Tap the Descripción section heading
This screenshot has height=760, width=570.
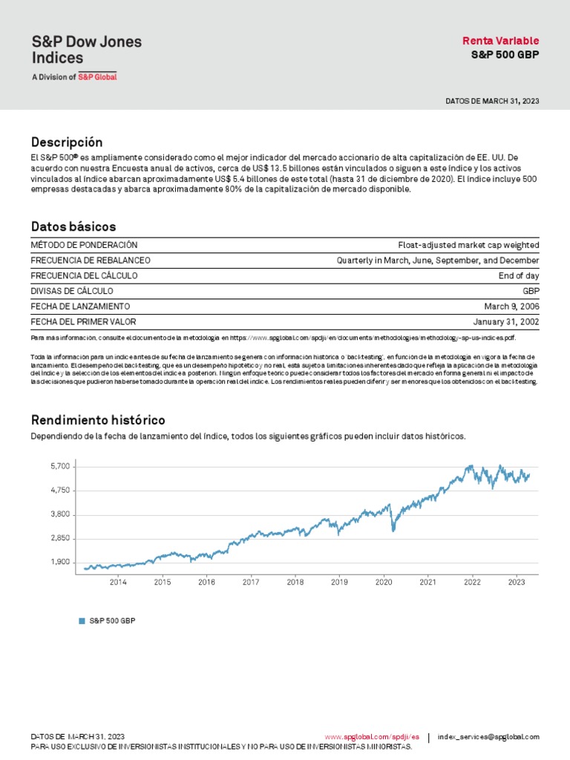tap(67, 142)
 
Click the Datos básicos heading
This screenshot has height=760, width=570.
tap(73, 226)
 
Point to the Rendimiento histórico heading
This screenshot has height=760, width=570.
tap(98, 420)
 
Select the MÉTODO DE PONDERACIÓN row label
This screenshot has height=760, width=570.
tap(84, 245)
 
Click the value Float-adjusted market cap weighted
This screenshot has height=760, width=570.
tap(468, 245)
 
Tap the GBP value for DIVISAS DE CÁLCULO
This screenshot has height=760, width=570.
tap(531, 291)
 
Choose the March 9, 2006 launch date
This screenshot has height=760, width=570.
tap(512, 307)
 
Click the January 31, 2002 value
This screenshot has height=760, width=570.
tap(506, 322)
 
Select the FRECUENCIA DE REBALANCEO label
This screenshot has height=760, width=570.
tap(90, 261)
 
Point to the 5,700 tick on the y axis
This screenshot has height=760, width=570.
tap(60, 466)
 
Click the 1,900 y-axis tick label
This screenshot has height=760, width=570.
tap(60, 562)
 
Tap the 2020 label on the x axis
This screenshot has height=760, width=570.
tap(384, 583)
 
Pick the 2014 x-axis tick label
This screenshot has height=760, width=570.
tap(118, 583)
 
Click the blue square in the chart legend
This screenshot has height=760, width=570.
tap(82, 620)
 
